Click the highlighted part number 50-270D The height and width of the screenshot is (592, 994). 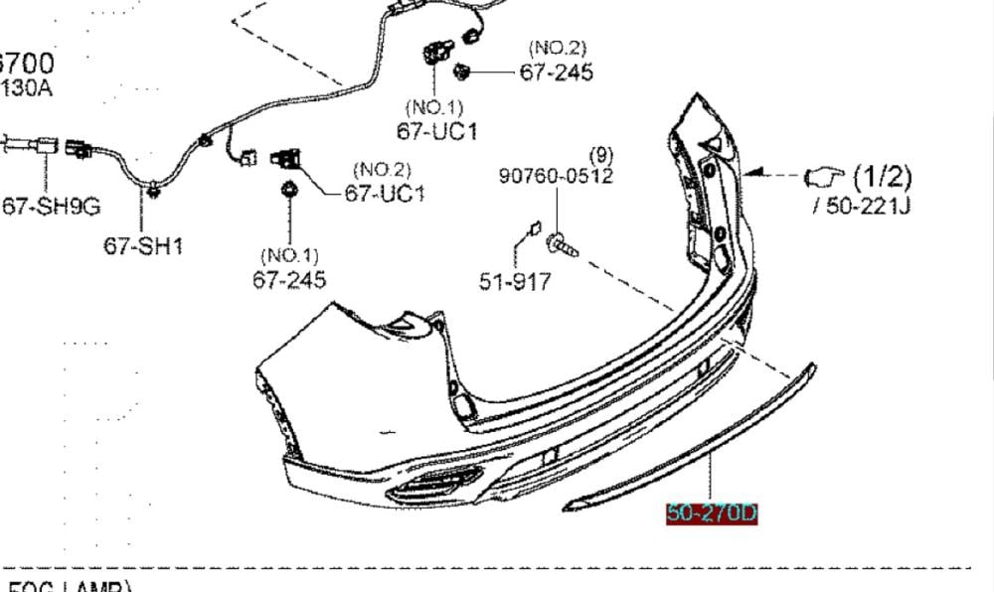(x=712, y=514)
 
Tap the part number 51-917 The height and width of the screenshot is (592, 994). (x=515, y=281)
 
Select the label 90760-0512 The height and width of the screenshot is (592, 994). (x=556, y=176)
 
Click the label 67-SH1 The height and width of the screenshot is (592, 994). (x=143, y=245)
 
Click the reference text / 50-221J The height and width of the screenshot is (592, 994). (x=862, y=207)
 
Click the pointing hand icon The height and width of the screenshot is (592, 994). (x=822, y=176)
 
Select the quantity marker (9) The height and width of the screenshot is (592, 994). (x=601, y=155)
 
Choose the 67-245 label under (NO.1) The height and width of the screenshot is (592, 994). (x=289, y=280)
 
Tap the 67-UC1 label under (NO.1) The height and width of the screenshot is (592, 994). (x=436, y=130)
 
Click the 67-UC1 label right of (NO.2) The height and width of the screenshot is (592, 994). (x=385, y=193)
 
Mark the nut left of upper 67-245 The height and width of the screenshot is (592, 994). (x=462, y=71)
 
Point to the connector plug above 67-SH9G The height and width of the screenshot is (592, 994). (x=78, y=149)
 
